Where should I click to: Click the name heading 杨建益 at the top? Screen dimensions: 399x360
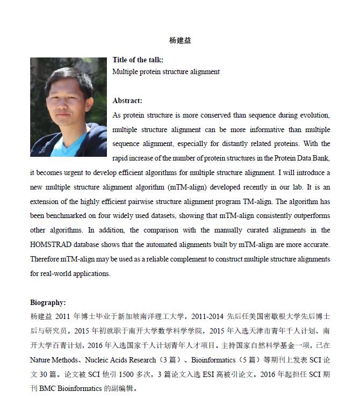pyautogui.click(x=180, y=40)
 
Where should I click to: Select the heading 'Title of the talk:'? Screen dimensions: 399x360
pyautogui.click(x=138, y=60)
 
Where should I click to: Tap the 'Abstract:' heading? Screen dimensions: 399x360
pyautogui.click(x=127, y=100)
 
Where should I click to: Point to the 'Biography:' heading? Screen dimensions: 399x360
pyautogui.click(x=48, y=303)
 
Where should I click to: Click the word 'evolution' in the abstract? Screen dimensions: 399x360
pyautogui.click(x=313, y=115)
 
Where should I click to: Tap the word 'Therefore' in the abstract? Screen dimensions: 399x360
pyautogui.click(x=45, y=259)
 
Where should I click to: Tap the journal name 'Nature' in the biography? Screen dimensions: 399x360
pyautogui.click(x=40, y=360)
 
